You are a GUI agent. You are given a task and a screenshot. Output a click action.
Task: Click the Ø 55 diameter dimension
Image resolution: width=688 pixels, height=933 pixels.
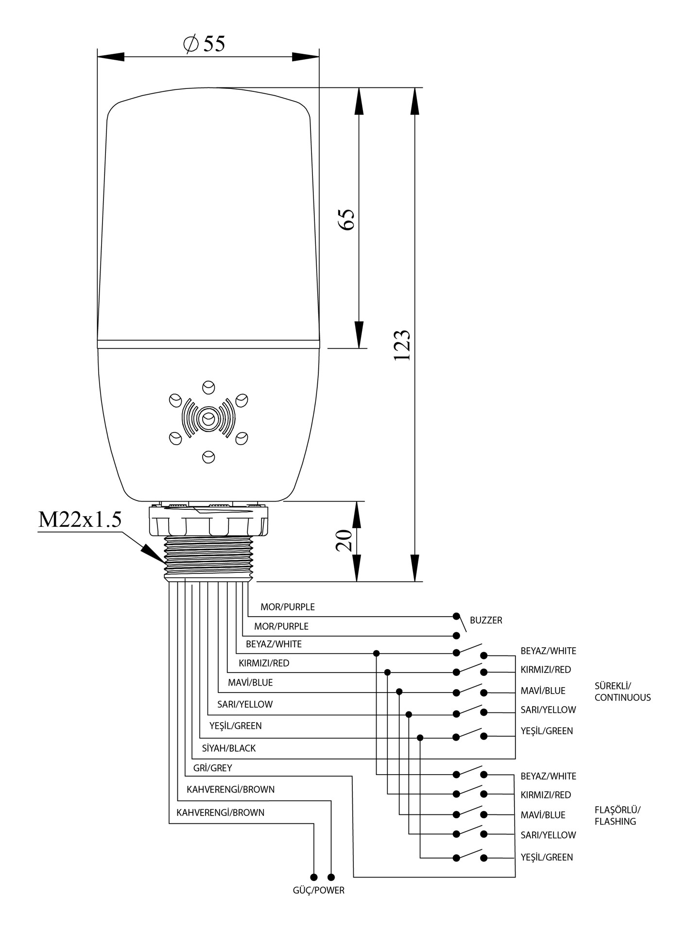pyautogui.click(x=205, y=44)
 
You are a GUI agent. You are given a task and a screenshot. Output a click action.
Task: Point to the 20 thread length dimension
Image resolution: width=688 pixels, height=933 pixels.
pyautogui.click(x=344, y=540)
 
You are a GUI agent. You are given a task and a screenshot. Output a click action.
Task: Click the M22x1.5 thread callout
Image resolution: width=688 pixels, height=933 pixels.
pyautogui.click(x=80, y=519)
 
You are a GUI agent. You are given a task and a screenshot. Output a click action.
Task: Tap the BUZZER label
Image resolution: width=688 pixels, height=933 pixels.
pyautogui.click(x=486, y=621)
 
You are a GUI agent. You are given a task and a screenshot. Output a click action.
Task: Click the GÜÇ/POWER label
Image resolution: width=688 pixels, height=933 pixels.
pyautogui.click(x=318, y=891)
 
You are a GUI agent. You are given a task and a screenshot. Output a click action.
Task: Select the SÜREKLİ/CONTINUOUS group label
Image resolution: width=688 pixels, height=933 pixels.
pyautogui.click(x=622, y=691)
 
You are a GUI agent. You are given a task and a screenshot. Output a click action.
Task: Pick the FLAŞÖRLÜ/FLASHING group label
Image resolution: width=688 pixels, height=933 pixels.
pyautogui.click(x=617, y=815)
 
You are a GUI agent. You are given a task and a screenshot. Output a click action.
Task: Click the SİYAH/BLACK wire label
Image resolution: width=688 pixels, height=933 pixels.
pyautogui.click(x=228, y=748)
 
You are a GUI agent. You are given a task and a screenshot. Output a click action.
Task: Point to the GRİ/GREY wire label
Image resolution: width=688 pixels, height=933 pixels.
pyautogui.click(x=212, y=768)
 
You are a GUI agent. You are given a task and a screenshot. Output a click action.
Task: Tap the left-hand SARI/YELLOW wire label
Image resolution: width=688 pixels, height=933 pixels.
pyautogui.click(x=245, y=705)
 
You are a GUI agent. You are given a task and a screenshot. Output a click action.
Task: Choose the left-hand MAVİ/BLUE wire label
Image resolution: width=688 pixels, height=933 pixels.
pyautogui.click(x=250, y=683)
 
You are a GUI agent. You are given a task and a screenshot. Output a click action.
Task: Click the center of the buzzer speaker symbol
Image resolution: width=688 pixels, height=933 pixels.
pyautogui.click(x=208, y=418)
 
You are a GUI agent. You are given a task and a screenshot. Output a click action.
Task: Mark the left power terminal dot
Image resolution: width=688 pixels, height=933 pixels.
pyautogui.click(x=314, y=877)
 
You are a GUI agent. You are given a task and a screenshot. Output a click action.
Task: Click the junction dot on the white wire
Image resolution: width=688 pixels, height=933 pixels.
pyautogui.click(x=376, y=653)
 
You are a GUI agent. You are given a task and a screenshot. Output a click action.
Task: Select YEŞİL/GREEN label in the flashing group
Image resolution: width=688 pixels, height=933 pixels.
pyautogui.click(x=547, y=857)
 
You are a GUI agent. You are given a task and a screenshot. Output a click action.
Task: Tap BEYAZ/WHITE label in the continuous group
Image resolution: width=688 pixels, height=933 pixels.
pyautogui.click(x=548, y=651)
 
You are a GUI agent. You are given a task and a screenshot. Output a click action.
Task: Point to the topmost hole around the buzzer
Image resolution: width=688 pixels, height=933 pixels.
pyautogui.click(x=208, y=387)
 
